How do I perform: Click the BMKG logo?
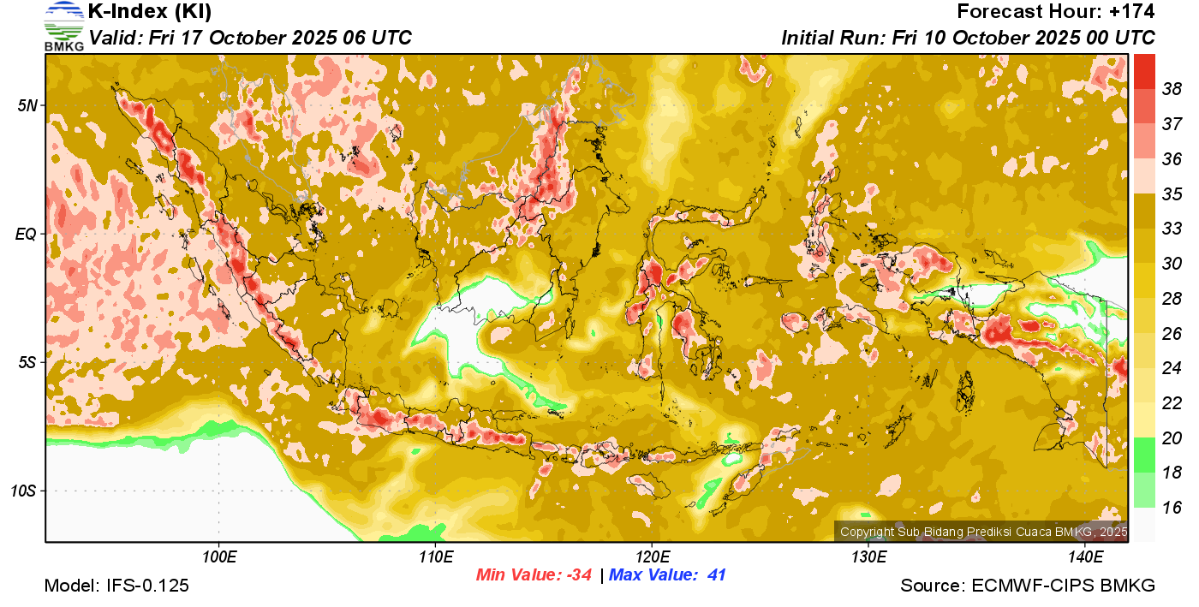(x=63, y=26)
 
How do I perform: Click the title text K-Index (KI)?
(x=150, y=12)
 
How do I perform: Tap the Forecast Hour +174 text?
(x=1056, y=12)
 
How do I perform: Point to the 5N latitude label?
(x=26, y=105)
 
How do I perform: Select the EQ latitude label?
(x=26, y=234)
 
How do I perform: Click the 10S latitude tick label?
(x=22, y=491)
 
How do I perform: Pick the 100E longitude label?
(x=218, y=557)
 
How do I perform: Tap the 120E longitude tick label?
(x=652, y=557)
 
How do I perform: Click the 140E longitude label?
(x=1085, y=557)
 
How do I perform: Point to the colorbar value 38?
(x=1172, y=88)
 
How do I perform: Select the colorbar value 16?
(x=1172, y=508)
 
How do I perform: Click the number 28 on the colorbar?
(x=1172, y=298)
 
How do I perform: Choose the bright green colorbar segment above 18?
(x=1144, y=455)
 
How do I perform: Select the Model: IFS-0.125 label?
(x=116, y=586)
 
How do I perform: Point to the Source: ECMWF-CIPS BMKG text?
(x=1028, y=586)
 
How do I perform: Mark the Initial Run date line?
(x=968, y=38)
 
